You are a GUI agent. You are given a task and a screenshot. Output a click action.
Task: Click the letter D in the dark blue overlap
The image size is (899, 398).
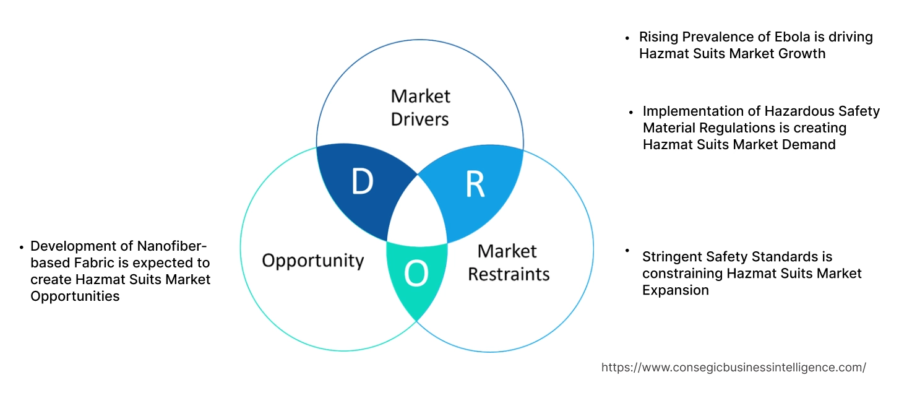[x=362, y=182]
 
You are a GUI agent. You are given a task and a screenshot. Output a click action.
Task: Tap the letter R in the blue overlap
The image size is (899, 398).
[x=475, y=184]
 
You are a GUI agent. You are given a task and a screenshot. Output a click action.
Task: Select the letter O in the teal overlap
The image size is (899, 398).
[x=416, y=274]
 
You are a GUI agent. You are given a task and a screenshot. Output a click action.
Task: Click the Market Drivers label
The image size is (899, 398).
[x=420, y=107]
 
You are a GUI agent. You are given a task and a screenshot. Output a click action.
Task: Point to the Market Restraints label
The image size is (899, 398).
[x=508, y=262]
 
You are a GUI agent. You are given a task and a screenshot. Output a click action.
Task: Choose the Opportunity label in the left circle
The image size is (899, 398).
[x=312, y=260]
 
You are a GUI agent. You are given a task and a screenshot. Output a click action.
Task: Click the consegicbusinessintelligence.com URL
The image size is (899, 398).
[x=733, y=367]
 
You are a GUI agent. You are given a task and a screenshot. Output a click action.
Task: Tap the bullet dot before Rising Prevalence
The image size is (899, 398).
[x=627, y=38]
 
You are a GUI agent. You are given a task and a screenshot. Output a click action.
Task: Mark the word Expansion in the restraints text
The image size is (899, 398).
[x=675, y=290]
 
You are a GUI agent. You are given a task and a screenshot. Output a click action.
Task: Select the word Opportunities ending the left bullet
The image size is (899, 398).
[x=75, y=296]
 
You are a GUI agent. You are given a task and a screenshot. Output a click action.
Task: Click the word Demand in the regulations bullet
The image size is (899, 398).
[x=809, y=145]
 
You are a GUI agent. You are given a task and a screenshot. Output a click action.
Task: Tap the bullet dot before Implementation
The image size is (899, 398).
[x=631, y=112]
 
